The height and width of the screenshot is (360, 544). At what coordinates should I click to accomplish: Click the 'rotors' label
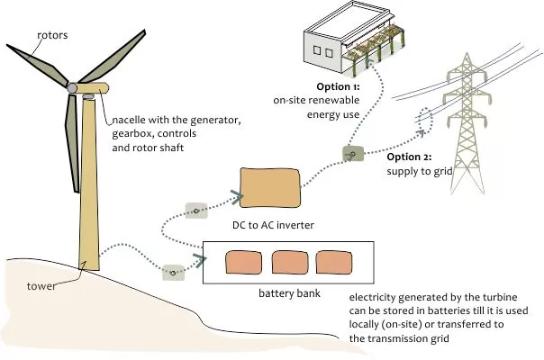(51, 36)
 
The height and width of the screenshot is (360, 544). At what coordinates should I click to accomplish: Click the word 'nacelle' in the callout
(131, 121)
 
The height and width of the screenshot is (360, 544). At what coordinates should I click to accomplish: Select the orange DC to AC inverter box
(268, 191)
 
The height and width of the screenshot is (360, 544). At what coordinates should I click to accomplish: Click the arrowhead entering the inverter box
(236, 192)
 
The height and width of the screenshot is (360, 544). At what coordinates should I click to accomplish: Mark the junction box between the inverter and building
(352, 155)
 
